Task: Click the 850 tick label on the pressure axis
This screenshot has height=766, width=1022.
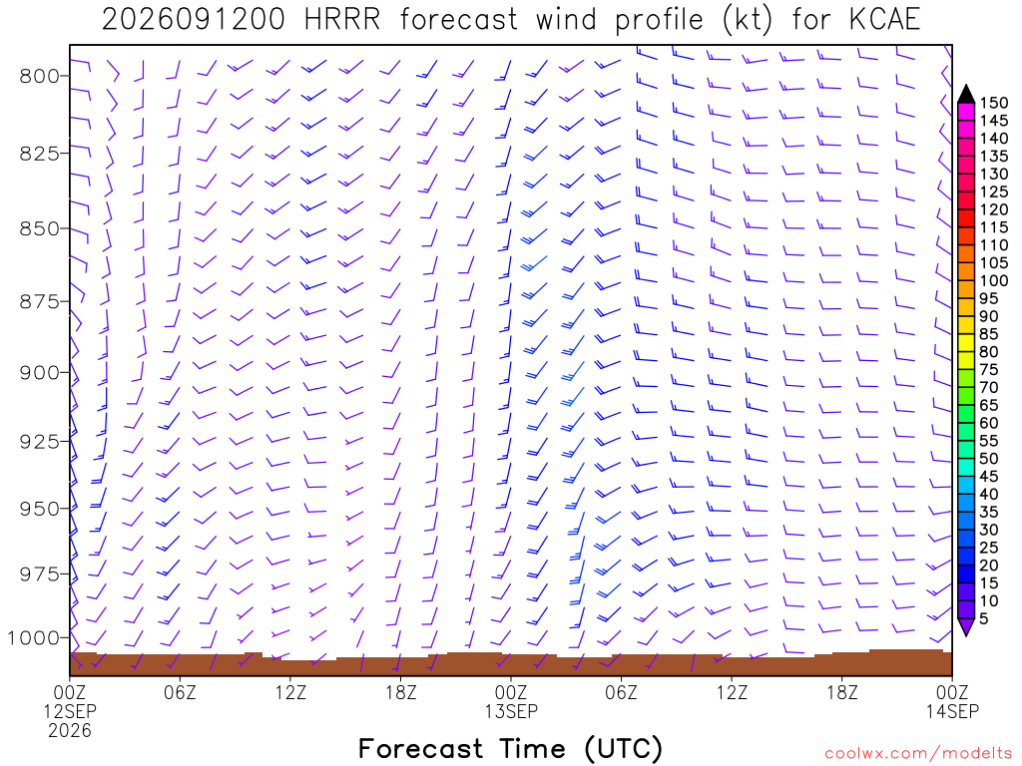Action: click(40, 229)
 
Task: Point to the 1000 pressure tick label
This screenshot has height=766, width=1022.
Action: click(33, 637)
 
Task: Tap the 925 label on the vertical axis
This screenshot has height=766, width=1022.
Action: click(40, 442)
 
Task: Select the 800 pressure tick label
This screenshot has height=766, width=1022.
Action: click(40, 76)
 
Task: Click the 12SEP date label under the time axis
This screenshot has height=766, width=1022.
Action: click(70, 710)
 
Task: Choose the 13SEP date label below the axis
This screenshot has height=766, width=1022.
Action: click(511, 710)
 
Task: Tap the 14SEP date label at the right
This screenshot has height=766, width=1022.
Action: click(952, 710)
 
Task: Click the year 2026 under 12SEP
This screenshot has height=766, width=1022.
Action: click(70, 730)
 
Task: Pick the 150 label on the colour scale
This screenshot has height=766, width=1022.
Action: click(993, 103)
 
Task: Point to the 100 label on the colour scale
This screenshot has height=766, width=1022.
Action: click(993, 280)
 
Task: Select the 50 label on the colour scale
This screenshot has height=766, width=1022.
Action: click(989, 459)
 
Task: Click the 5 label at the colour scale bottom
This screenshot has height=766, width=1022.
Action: click(984, 618)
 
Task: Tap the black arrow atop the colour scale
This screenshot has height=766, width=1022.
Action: click(966, 94)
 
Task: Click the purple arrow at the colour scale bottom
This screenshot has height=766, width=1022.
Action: click(966, 626)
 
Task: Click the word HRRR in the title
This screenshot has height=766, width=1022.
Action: click(343, 20)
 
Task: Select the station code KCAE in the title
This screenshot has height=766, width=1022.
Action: click(884, 20)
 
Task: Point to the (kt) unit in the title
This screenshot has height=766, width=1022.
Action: click(748, 20)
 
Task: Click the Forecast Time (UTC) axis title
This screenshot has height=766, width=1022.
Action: click(511, 749)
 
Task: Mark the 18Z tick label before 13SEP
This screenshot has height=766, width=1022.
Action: click(401, 692)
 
